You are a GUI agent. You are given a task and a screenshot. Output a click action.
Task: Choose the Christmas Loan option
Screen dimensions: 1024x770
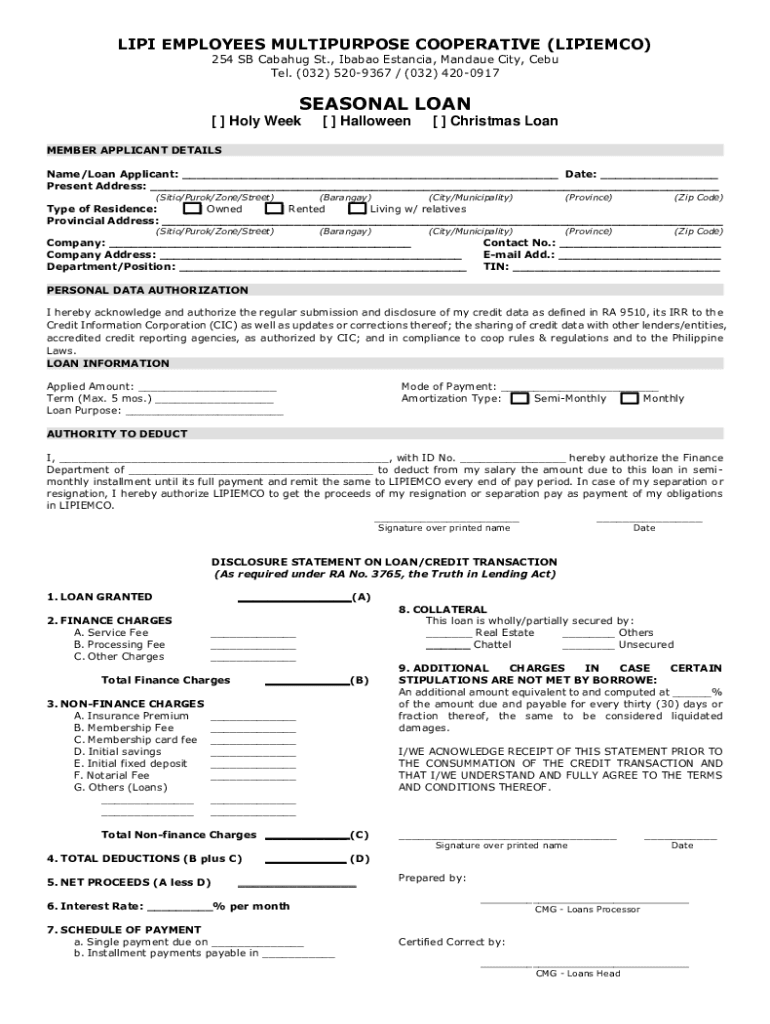click(x=438, y=121)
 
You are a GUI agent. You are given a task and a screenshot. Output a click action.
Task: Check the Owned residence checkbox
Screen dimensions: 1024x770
click(x=192, y=209)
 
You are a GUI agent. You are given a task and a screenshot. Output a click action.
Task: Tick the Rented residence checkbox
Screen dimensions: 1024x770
click(x=274, y=209)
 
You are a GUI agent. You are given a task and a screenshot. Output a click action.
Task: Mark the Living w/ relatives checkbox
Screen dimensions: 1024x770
click(x=357, y=209)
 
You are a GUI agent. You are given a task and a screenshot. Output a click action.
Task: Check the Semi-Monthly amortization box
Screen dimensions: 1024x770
click(x=520, y=398)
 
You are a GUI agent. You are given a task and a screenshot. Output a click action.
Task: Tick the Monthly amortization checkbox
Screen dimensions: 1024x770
click(x=629, y=398)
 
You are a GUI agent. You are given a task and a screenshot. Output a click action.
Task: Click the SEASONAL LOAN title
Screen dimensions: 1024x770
click(x=385, y=103)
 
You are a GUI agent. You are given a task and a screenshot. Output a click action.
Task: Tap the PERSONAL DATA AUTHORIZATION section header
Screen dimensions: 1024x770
click(x=148, y=290)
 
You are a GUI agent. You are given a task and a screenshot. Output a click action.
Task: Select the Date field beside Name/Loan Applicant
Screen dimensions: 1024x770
click(x=659, y=176)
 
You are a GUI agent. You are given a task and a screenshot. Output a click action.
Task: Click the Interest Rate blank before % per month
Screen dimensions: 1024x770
click(x=180, y=908)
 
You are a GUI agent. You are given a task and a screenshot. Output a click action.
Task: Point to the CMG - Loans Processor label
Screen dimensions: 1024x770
click(x=587, y=909)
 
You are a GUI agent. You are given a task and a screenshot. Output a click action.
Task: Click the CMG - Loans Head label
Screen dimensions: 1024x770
click(x=577, y=973)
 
